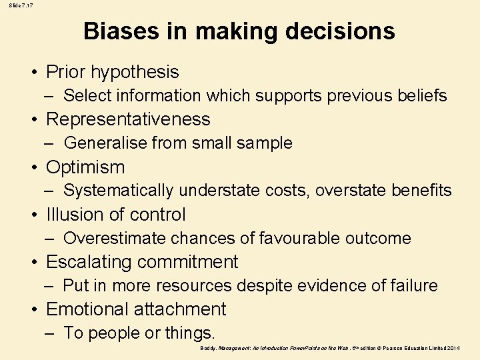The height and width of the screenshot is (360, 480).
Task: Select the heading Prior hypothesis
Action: (112, 72)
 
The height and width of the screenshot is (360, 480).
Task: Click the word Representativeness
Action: (128, 119)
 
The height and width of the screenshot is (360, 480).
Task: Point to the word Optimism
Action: (85, 167)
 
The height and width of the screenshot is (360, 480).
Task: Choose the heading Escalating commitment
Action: (142, 262)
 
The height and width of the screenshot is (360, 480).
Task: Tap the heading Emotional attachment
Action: (136, 309)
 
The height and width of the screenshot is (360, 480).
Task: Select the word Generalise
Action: (105, 143)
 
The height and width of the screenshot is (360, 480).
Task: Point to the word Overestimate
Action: (115, 238)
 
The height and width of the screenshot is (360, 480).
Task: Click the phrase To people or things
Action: (139, 333)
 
